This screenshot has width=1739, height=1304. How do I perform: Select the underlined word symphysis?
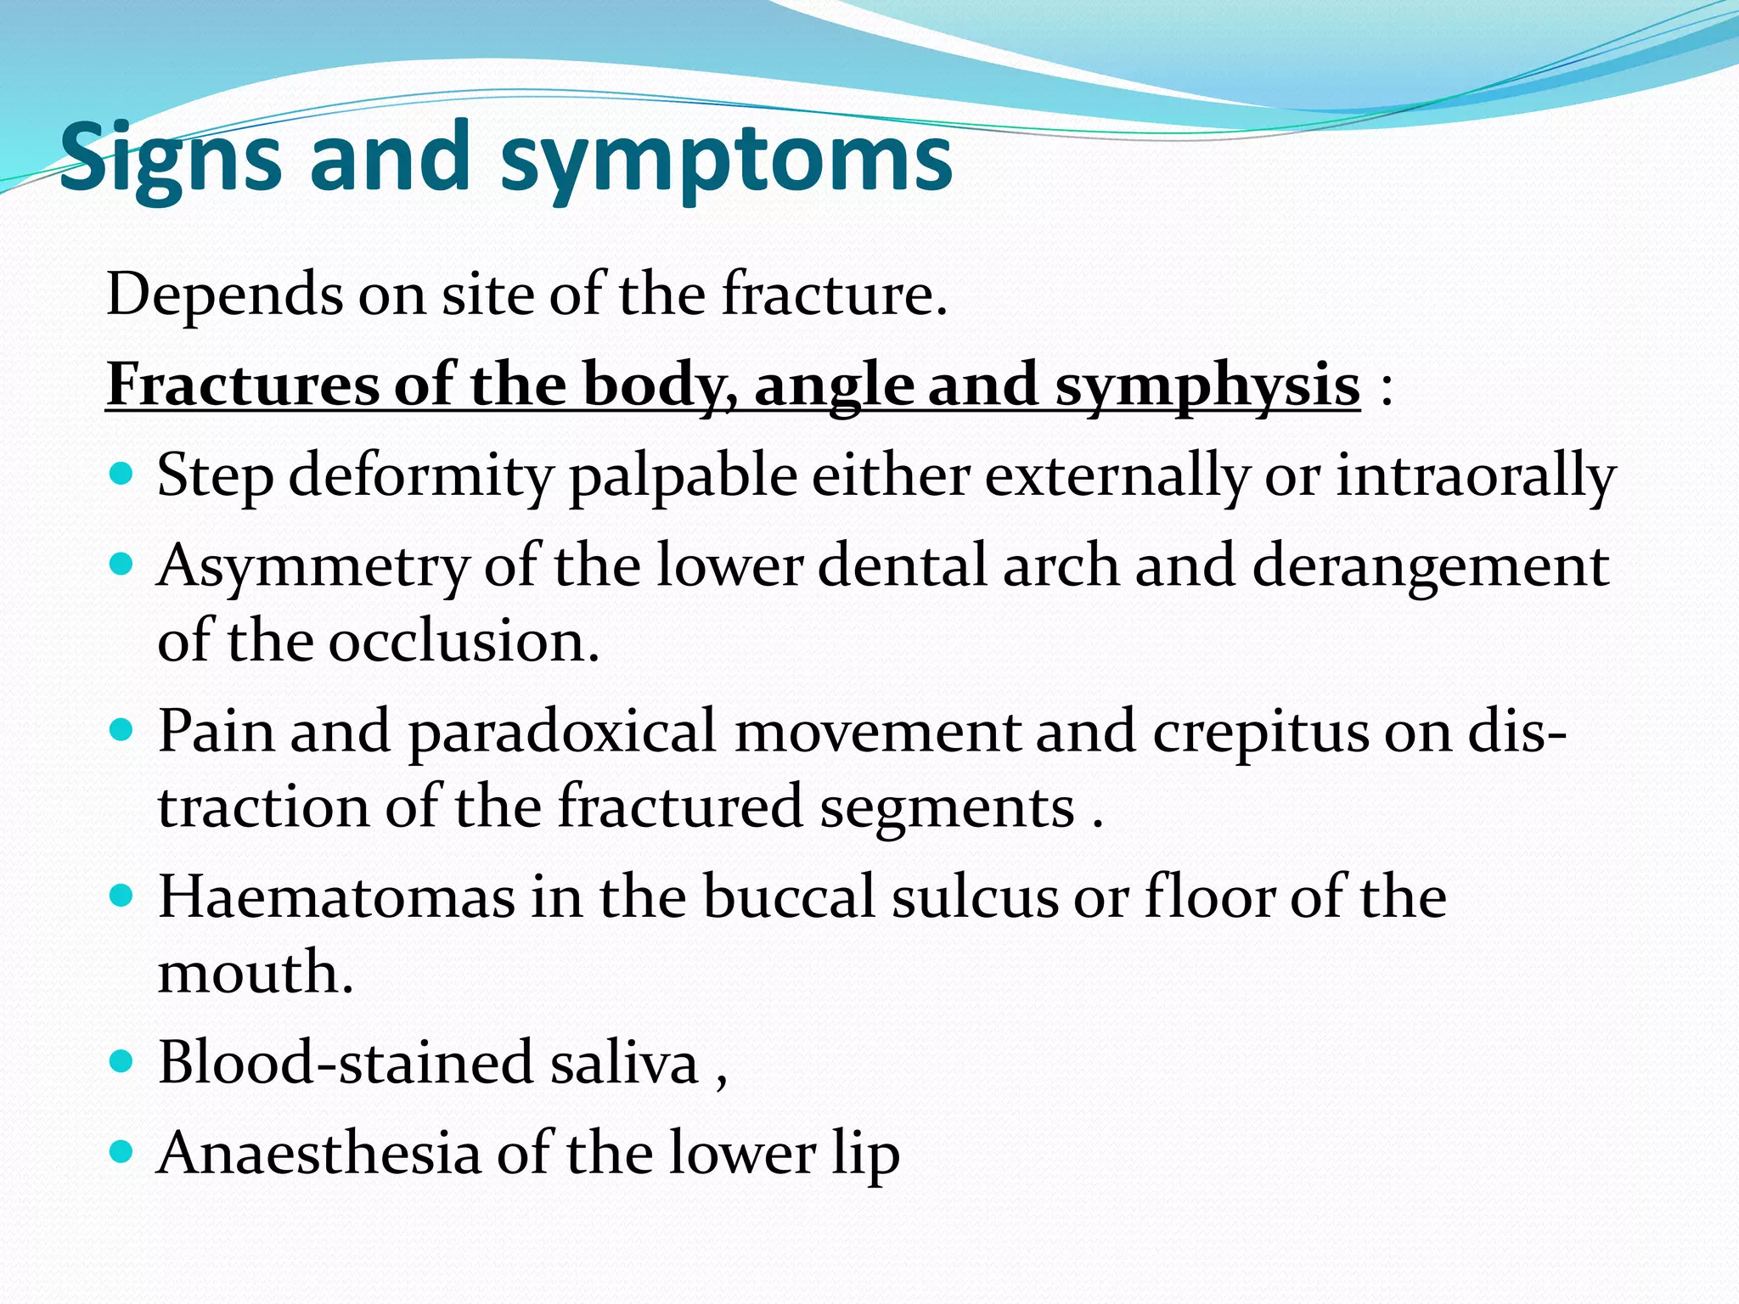coord(1207,385)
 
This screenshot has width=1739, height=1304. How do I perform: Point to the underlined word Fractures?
coord(242,385)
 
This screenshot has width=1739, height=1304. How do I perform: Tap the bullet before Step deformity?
coord(122,473)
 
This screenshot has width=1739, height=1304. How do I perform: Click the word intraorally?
coord(1476,475)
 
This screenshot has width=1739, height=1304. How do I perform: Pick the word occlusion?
coord(464,641)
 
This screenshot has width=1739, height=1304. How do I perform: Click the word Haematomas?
coord(336,896)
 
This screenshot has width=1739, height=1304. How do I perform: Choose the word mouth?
coord(255,972)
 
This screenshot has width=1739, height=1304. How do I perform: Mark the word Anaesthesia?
coord(319,1153)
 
